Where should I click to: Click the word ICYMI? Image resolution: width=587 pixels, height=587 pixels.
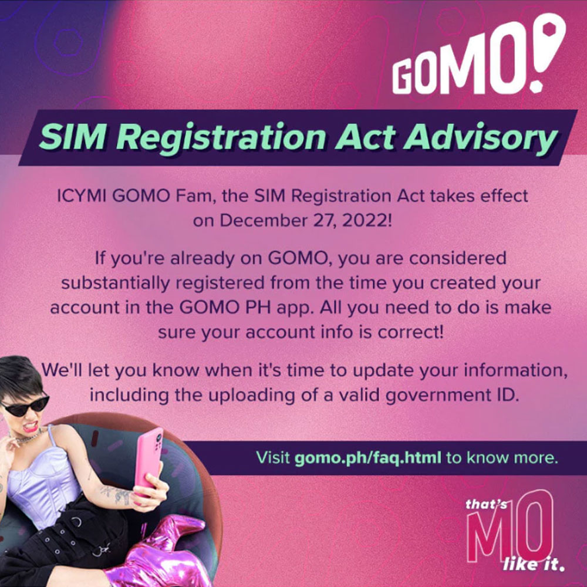coord(81,195)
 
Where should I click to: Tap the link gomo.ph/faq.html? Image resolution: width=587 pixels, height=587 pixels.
coord(367,457)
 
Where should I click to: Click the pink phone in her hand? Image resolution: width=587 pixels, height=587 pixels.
coord(149,458)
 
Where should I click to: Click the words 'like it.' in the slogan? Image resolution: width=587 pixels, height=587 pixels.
coord(533,564)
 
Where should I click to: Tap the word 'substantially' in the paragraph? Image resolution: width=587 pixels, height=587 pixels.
coord(115,283)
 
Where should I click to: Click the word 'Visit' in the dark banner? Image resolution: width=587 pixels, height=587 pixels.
coord(273,457)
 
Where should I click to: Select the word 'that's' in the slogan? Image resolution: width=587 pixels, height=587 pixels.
coord(486,504)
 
